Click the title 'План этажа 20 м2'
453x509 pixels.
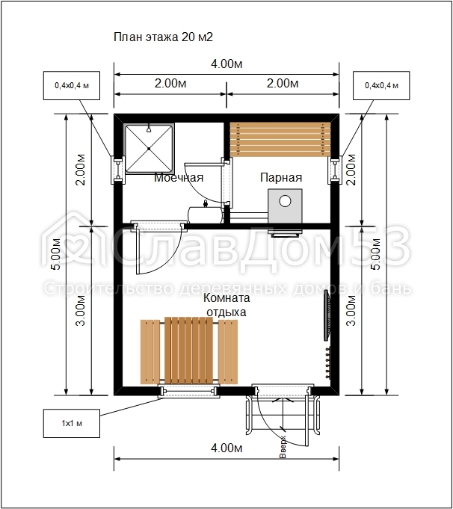163,37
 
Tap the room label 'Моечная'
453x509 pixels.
179,178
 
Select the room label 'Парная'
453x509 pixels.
281,178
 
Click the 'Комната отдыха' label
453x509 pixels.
226,305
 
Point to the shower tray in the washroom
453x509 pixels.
149,149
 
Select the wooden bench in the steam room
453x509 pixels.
280,139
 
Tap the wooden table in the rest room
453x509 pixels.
188,351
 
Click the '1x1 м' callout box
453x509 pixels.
72,423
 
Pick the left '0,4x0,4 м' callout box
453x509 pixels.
72,86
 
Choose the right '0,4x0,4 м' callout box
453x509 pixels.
381,86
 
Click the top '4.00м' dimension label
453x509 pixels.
226,64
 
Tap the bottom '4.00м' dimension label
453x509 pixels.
226,448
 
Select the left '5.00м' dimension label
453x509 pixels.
55,254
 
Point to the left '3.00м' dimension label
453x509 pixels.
80,311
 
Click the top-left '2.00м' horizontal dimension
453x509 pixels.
170,84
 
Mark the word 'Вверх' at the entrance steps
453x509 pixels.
283,447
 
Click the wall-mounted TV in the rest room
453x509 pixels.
327,315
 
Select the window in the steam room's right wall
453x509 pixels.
335,170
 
